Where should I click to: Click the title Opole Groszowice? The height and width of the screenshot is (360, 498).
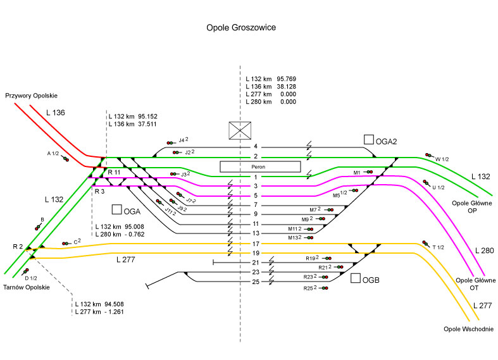tap(241, 28)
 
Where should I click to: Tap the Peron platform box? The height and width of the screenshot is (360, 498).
tap(259, 166)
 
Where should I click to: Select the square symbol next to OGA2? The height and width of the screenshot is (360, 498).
tap(369, 139)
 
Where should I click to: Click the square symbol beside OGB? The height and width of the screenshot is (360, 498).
tap(356, 278)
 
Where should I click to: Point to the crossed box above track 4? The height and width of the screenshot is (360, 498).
tap(240, 130)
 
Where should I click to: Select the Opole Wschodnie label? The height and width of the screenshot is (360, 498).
tap(468, 329)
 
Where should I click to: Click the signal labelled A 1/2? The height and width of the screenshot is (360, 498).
tap(66, 159)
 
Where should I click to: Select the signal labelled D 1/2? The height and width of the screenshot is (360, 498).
tap(27, 271)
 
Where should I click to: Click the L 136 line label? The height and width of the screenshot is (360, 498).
tap(56, 113)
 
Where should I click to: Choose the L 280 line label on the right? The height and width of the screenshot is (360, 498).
tap(483, 251)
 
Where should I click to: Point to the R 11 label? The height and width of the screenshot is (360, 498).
tap(114, 172)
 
